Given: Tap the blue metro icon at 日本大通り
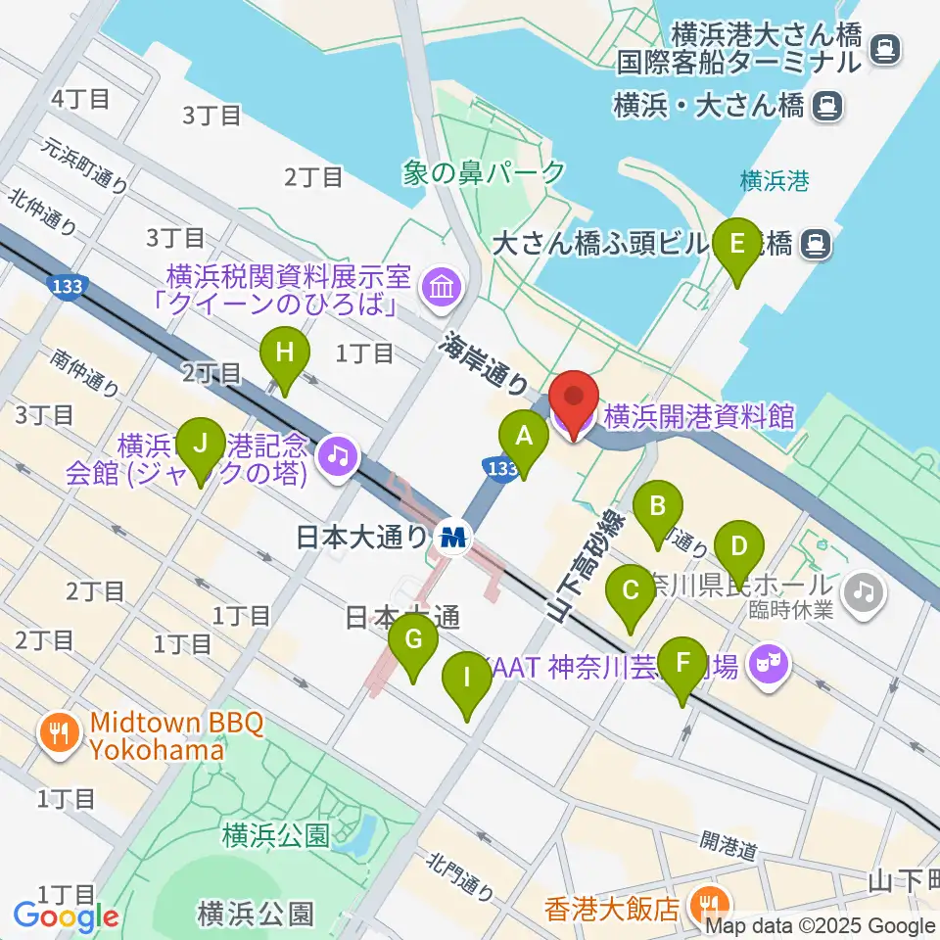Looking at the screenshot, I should click(x=454, y=537).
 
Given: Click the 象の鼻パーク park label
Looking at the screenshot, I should click(x=484, y=173).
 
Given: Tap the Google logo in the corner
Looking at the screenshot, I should click(x=66, y=917).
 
